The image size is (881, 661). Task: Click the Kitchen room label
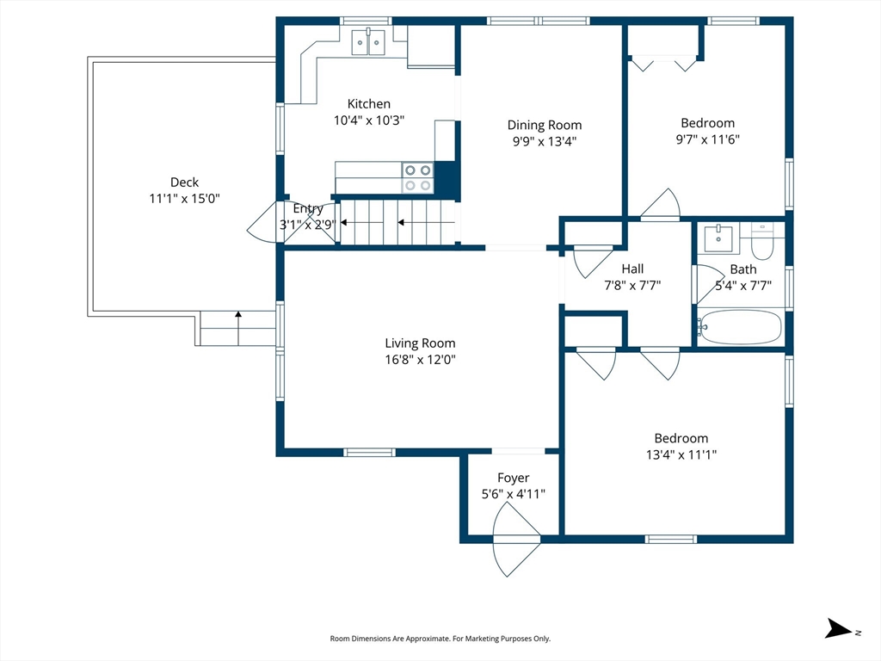[368, 104]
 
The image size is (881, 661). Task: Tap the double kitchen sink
[368, 41]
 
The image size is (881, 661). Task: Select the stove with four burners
[417, 177]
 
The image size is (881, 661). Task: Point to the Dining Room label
[545, 125]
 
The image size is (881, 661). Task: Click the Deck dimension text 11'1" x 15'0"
[184, 199]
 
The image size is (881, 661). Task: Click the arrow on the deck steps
[238, 328]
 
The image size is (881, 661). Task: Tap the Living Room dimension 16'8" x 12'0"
[420, 359]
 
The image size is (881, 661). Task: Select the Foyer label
[513, 478]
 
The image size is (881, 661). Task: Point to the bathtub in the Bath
[739, 327]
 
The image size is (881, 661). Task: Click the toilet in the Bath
[762, 240]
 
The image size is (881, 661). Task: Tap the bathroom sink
[718, 239]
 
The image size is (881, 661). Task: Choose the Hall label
[632, 269]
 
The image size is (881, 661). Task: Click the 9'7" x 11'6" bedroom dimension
[707, 139]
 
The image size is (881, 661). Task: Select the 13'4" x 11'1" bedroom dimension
[681, 454]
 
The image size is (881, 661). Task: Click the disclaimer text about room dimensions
[440, 639]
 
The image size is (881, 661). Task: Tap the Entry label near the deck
[308, 208]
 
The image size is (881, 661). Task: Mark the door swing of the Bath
[709, 283]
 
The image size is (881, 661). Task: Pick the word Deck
[184, 182]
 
